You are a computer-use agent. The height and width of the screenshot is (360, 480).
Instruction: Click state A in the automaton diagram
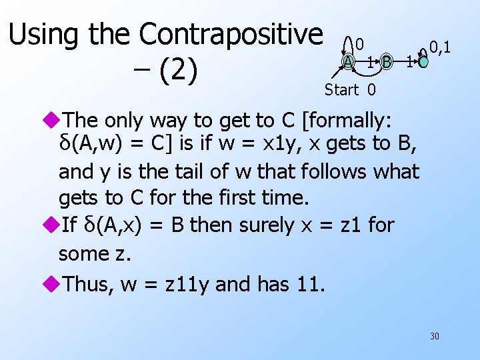[x=348, y=62]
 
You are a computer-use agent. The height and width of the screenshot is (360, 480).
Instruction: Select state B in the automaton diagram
[x=386, y=63]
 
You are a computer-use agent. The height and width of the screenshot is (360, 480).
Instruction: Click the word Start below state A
[x=341, y=89]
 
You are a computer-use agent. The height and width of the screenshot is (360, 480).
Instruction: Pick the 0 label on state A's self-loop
[x=359, y=45]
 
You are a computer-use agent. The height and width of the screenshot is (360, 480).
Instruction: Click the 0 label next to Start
[x=371, y=89]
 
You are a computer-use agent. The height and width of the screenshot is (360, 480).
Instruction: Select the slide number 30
[x=435, y=336]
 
